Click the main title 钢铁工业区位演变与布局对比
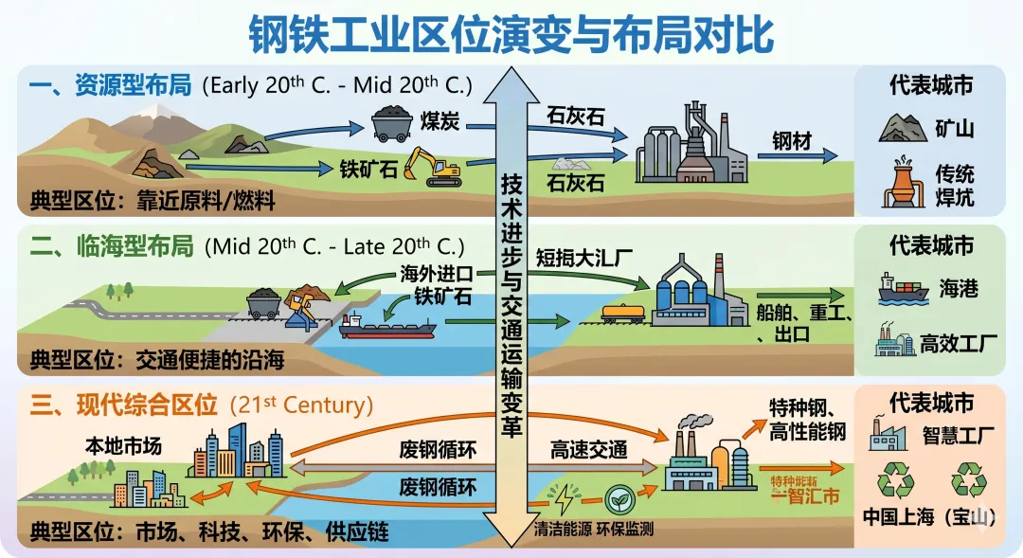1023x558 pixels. pyautogui.click(x=511, y=34)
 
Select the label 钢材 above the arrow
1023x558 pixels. pyautogui.click(x=792, y=141)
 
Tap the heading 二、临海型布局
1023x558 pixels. pyautogui.click(x=113, y=248)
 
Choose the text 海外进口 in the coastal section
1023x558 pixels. pyautogui.click(x=435, y=275)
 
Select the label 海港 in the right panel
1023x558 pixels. pyautogui.click(x=959, y=289)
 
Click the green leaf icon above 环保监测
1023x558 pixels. pyautogui.click(x=620, y=497)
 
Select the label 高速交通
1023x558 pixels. pyautogui.click(x=589, y=451)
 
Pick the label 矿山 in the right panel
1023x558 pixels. pyautogui.click(x=955, y=128)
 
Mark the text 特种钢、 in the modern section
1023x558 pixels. pyautogui.click(x=801, y=407)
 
